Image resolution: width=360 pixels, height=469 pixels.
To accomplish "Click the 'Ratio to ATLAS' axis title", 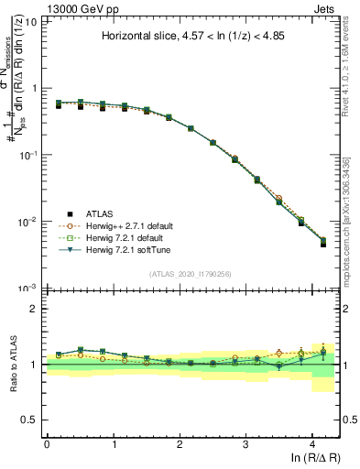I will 12,364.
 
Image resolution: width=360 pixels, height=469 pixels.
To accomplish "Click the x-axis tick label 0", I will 47,444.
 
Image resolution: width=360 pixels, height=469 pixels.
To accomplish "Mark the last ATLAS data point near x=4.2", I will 323,245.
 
